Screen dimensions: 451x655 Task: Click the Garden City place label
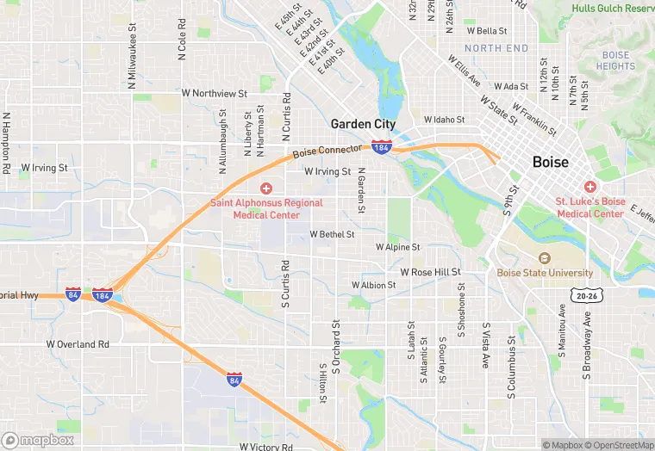[363, 124]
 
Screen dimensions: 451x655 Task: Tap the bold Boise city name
[550, 162]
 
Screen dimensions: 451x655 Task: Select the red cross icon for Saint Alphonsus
[266, 188]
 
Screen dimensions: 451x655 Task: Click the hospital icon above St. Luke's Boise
[590, 187]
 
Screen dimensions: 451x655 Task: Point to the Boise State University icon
[544, 258]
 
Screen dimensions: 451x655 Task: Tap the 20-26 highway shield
[585, 295]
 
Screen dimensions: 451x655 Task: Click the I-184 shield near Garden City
[382, 147]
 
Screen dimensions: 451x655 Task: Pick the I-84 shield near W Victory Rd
[234, 379]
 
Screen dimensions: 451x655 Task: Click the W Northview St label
[214, 92]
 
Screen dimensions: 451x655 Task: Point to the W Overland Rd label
[78, 344]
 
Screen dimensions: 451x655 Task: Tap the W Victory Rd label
[266, 447]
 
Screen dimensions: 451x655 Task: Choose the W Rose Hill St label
[424, 272]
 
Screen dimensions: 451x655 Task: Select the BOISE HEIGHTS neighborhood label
[615, 60]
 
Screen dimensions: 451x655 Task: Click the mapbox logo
[37, 440]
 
